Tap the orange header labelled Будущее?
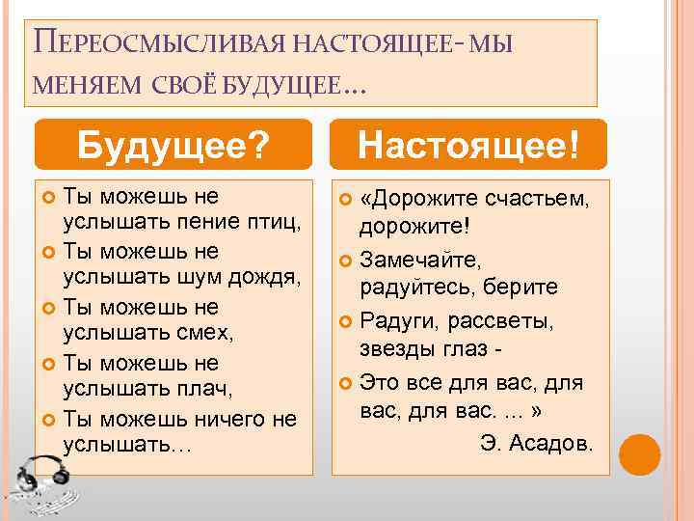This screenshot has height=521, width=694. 173,146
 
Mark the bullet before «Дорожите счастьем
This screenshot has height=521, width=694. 345,200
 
